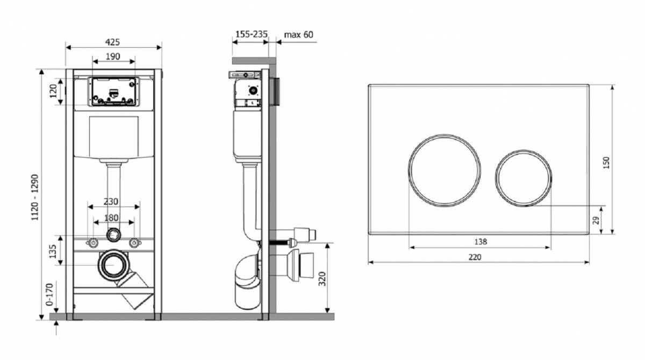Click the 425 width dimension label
click(x=112, y=42)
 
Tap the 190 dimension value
click(x=112, y=57)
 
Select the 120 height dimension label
click(x=54, y=91)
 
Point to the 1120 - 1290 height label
click(x=35, y=197)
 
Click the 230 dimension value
click(x=111, y=201)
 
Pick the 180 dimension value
click(x=111, y=218)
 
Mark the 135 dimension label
click(x=53, y=251)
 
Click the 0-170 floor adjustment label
click(x=49, y=294)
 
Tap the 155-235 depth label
click(x=252, y=34)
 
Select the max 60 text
click(x=299, y=35)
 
